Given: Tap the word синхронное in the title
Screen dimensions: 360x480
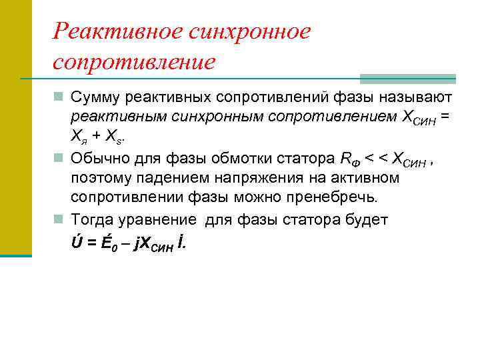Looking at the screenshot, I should point(249,31).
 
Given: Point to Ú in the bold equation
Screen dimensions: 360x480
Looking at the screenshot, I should point(77,243).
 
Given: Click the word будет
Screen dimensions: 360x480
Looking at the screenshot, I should point(366,220).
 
